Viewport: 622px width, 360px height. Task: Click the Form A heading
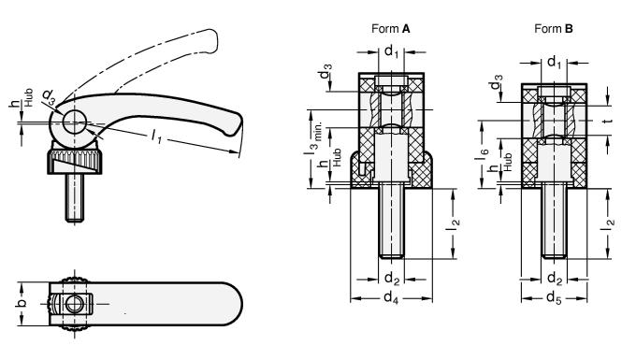pos(391,29)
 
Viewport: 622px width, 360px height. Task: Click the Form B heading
pos(554,29)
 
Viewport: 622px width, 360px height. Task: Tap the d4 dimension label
pos(391,297)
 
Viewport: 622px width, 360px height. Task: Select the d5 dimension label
pos(554,297)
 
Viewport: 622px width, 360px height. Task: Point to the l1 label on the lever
pos(157,137)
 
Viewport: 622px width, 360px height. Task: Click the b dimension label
pos(22,303)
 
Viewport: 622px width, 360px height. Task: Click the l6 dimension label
pos(484,153)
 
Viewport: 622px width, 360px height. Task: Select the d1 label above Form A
pos(391,51)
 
